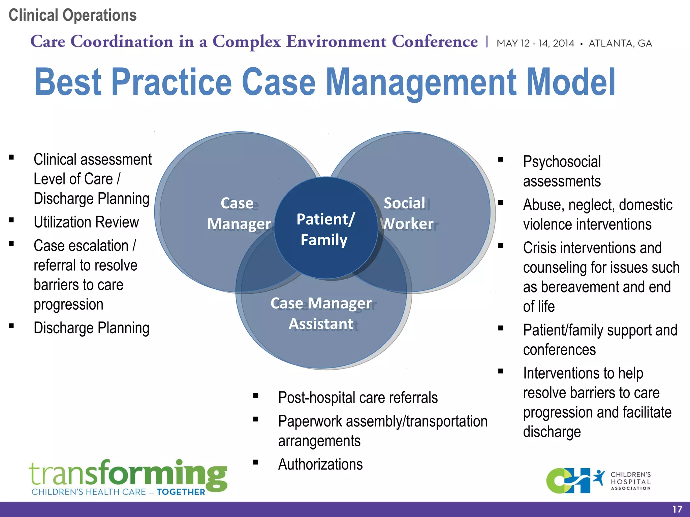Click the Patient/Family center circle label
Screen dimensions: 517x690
point(325,230)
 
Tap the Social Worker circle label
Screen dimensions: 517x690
point(407,213)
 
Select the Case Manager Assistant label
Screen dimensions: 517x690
point(321,313)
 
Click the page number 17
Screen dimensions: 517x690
point(677,509)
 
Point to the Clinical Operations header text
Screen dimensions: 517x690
point(72,15)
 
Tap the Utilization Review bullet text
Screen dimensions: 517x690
point(86,222)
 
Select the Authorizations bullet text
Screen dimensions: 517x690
point(320,464)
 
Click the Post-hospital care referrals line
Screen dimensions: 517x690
point(358,398)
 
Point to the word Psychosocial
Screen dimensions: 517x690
point(562,162)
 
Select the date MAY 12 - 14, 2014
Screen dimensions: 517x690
point(535,43)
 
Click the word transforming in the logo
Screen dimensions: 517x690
point(128,475)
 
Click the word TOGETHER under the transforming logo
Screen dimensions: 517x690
point(181,492)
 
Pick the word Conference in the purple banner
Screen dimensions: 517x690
point(435,42)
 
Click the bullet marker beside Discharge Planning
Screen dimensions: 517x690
point(11,326)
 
